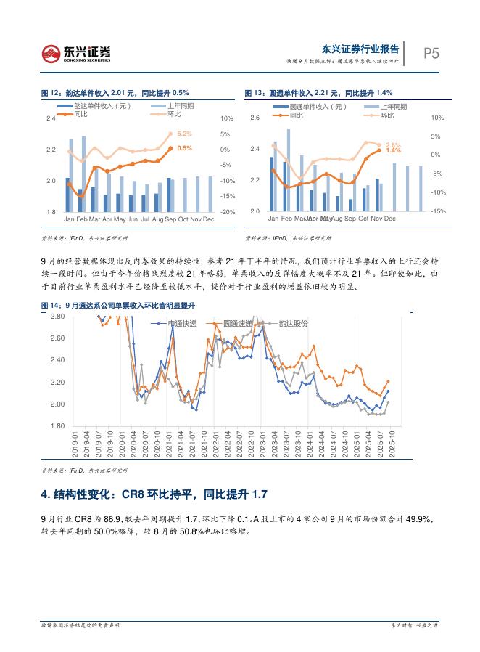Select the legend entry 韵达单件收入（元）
click(101, 106)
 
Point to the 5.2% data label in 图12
click(184, 134)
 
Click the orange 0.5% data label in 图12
click(184, 148)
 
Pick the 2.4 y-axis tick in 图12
click(50, 118)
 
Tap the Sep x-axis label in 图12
click(170, 219)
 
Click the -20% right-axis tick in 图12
click(207, 212)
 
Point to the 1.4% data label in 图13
click(393, 150)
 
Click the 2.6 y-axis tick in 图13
click(255, 118)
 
